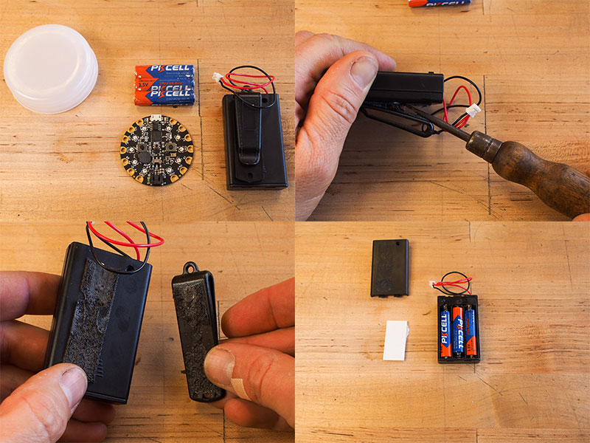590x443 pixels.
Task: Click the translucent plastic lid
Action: click(50, 68)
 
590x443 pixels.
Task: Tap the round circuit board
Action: click(156, 150)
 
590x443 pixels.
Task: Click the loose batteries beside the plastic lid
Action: click(164, 84)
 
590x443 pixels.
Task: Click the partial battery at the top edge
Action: click(439, 3)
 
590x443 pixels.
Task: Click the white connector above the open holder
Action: click(434, 284)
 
